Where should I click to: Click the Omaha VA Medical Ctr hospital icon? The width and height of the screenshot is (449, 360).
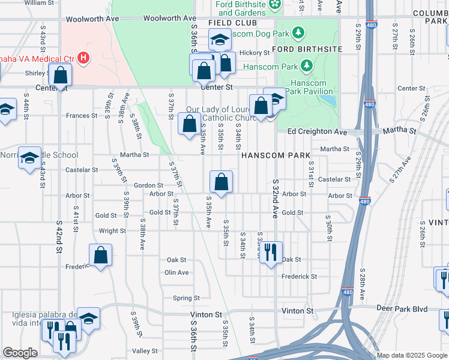(85, 58)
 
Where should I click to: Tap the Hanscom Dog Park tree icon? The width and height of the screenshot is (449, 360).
(304, 32)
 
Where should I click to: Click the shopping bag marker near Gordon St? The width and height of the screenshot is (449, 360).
(221, 182)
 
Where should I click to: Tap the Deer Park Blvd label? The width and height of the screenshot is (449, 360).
(403, 309)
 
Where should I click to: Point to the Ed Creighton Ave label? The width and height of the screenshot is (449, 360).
(318, 131)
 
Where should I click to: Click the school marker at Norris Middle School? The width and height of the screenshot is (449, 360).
(29, 158)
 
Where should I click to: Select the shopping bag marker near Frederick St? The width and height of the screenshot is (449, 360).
(100, 254)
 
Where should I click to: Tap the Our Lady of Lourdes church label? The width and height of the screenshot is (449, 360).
(222, 113)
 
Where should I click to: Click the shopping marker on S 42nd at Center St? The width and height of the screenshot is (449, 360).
(60, 75)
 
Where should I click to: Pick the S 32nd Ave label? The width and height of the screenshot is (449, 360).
(276, 199)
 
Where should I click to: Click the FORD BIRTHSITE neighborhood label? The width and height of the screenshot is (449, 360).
(307, 49)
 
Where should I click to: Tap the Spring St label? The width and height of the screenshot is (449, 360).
(186, 298)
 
